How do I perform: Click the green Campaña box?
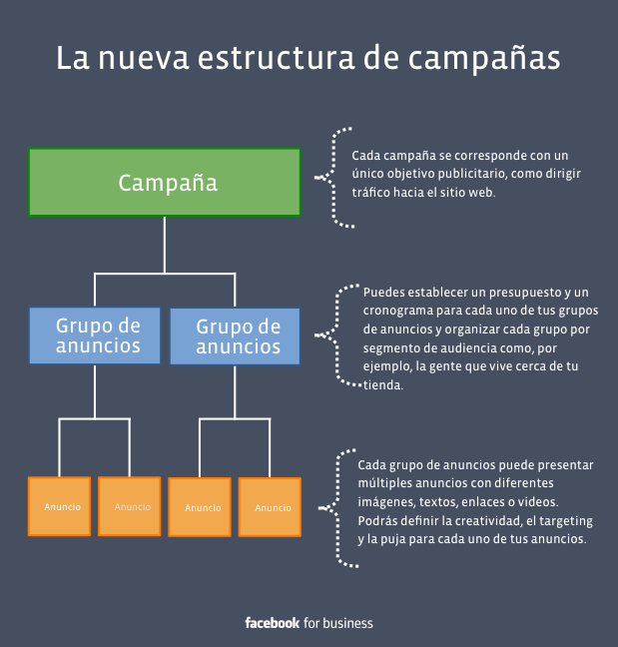(x=165, y=182)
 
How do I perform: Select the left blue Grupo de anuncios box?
(x=95, y=335)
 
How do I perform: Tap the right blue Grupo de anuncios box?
(x=235, y=336)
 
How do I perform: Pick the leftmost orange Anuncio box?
(x=60, y=506)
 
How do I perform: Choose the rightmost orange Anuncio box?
(x=270, y=507)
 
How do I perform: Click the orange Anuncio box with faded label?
(x=130, y=506)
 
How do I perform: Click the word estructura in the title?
(x=276, y=58)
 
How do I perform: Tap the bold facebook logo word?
(x=273, y=623)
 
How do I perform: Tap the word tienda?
(x=382, y=385)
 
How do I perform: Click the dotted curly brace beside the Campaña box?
(x=333, y=178)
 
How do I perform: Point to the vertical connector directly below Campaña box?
(x=165, y=245)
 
